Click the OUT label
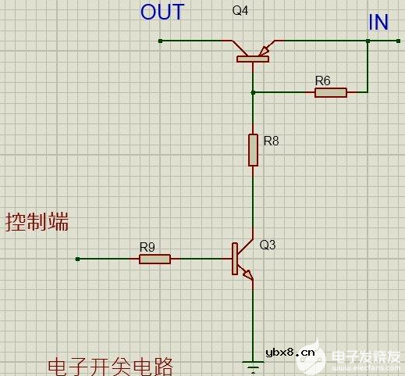click(x=162, y=13)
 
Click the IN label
click(x=378, y=22)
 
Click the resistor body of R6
click(x=331, y=92)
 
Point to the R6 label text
click(x=322, y=80)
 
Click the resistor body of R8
click(x=253, y=149)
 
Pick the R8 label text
click(x=271, y=141)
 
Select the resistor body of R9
click(x=155, y=259)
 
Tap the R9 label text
click(x=147, y=247)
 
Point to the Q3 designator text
click(x=267, y=245)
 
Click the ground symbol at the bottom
click(x=253, y=364)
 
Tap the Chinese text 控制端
click(x=37, y=222)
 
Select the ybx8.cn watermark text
click(x=291, y=353)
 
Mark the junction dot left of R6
click(x=253, y=92)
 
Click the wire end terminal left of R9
click(x=77, y=259)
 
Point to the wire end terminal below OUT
click(x=159, y=41)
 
